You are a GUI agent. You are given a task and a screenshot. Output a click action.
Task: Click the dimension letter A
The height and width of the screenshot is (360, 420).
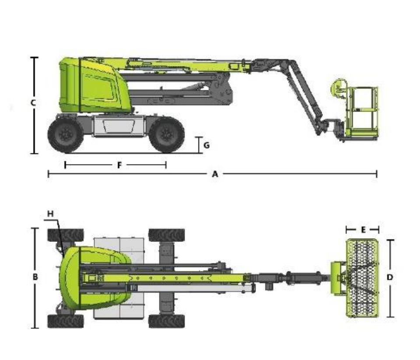click(x=215, y=174)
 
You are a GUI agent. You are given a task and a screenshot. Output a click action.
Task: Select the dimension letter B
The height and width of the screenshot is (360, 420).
click(x=35, y=277)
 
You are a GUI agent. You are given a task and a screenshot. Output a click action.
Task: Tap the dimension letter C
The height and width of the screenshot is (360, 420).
click(x=33, y=102)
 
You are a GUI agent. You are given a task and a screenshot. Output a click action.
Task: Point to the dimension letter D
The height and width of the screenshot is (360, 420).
click(x=390, y=277)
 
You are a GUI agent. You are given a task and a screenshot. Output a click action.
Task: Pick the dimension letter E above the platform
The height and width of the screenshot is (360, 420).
click(x=363, y=230)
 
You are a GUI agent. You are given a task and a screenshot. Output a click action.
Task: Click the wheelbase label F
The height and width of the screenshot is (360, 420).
click(x=119, y=165)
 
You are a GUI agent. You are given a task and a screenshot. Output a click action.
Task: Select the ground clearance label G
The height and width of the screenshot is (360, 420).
click(x=206, y=145)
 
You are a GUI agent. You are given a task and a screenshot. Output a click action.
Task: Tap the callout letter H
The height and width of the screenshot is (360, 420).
click(x=50, y=214)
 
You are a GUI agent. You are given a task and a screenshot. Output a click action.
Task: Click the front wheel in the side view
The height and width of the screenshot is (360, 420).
click(x=167, y=134)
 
